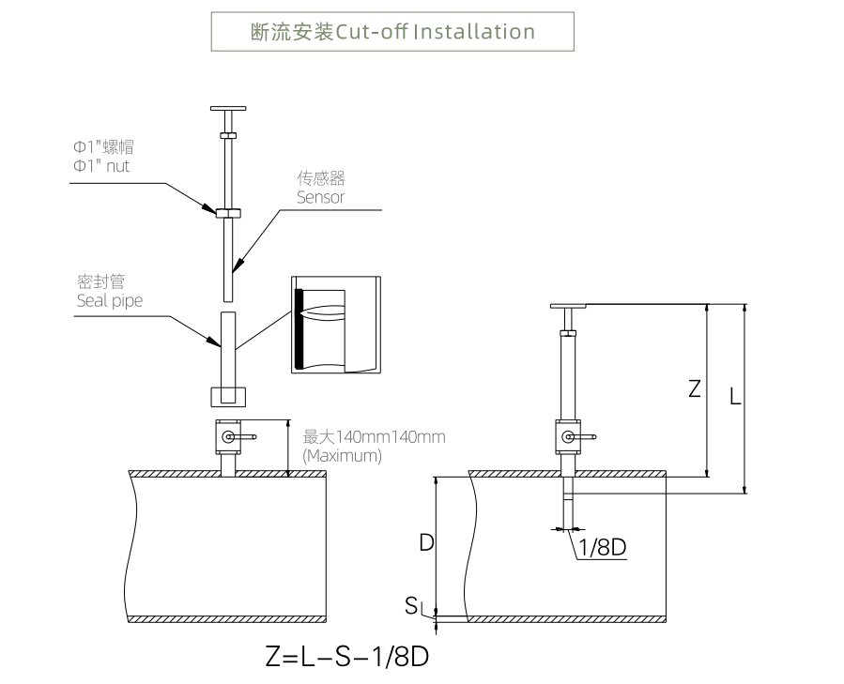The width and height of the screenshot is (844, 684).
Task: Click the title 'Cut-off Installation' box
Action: pyautogui.click(x=392, y=31)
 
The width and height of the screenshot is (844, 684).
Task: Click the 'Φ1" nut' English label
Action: pyautogui.click(x=102, y=166)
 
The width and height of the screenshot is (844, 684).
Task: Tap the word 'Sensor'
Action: pyautogui.click(x=321, y=198)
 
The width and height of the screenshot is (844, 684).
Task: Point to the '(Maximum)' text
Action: pyautogui.click(x=343, y=456)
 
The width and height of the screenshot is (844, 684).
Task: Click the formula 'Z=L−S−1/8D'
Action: pyautogui.click(x=347, y=657)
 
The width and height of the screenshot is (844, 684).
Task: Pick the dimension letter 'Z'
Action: pyautogui.click(x=695, y=388)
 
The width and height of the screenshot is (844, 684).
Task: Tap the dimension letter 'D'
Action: pyautogui.click(x=425, y=542)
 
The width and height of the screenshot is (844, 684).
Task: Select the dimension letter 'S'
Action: pyautogui.click(x=411, y=606)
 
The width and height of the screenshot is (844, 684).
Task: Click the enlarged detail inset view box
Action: pyautogui.click(x=335, y=326)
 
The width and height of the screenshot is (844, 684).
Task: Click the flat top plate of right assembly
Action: pyautogui.click(x=568, y=306)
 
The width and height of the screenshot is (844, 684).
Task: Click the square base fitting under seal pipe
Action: pyautogui.click(x=227, y=395)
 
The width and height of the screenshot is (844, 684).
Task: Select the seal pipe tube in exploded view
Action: pyautogui.click(x=227, y=343)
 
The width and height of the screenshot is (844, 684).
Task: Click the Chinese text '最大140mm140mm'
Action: pyautogui.click(x=374, y=437)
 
